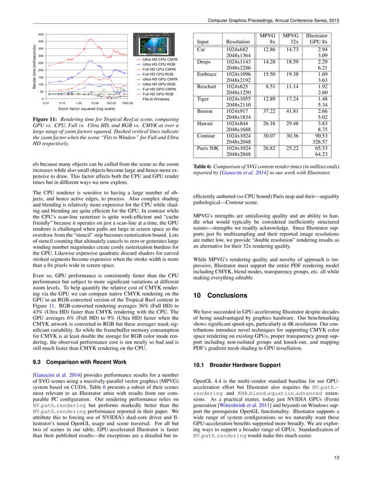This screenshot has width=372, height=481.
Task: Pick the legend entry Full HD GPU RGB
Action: (157, 94)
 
